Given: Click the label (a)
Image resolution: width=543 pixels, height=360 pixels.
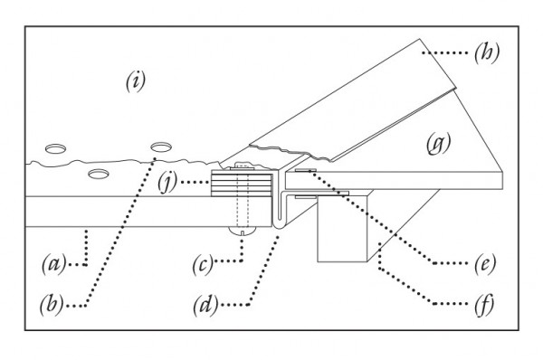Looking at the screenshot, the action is click(x=54, y=264).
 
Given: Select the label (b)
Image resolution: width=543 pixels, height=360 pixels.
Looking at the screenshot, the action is click(x=52, y=305).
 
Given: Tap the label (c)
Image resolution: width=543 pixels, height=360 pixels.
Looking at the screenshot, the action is click(x=203, y=265).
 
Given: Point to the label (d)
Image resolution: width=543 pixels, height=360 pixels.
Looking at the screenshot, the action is click(x=205, y=306).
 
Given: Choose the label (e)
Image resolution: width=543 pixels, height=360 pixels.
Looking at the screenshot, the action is click(x=485, y=264).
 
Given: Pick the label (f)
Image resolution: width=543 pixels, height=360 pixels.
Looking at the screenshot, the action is click(x=485, y=305).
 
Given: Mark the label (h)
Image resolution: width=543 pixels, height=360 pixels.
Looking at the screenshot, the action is click(x=487, y=53).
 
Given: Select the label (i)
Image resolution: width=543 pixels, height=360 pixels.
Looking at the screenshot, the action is click(x=136, y=81).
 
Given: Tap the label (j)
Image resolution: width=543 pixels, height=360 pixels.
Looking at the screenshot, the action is click(x=167, y=182).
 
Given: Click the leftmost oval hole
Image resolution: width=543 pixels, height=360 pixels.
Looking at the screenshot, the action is click(x=56, y=149).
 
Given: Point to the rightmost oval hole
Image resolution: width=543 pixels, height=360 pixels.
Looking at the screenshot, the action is click(x=161, y=147).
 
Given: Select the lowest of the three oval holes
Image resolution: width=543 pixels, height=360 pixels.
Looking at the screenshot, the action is click(x=99, y=174).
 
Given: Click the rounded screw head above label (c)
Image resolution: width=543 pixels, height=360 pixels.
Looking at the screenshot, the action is click(x=243, y=231).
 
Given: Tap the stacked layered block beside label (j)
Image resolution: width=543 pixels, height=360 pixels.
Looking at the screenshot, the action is click(x=241, y=184).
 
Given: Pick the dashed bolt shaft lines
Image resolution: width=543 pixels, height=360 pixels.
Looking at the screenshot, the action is click(x=243, y=200).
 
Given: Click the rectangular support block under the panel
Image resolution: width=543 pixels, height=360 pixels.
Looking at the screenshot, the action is click(x=342, y=227).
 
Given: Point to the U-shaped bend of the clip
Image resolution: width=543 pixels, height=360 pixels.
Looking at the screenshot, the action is click(x=280, y=226).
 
